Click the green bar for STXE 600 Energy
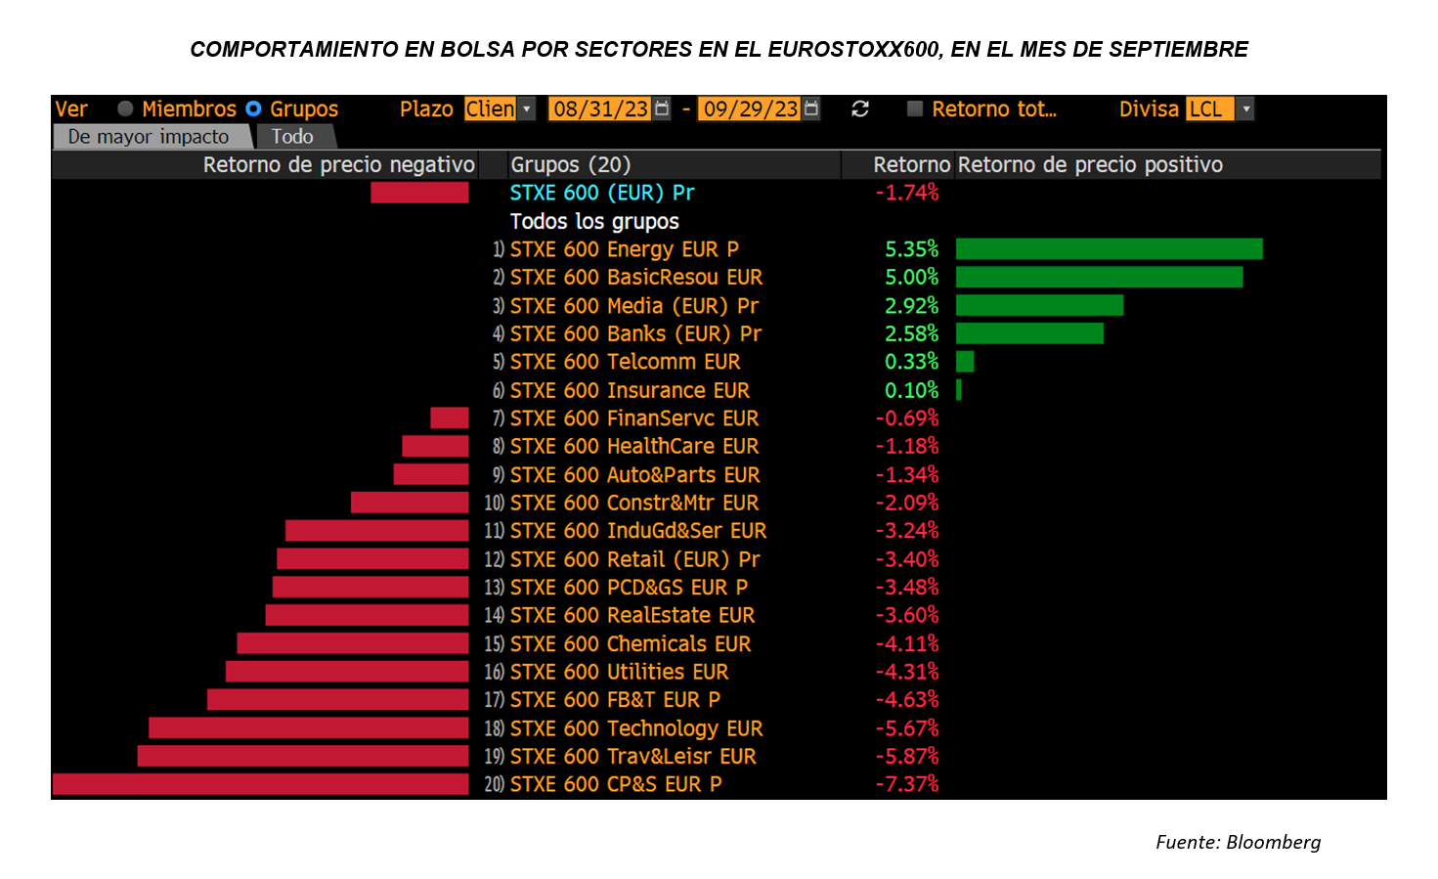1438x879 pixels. [1109, 249]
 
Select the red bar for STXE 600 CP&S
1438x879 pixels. [260, 784]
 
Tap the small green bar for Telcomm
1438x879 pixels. [965, 362]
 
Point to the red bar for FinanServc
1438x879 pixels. [450, 418]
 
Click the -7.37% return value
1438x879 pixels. [907, 784]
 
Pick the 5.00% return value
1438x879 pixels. [911, 278]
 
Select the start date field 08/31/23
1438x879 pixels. [600, 109]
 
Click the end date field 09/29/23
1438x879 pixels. [751, 109]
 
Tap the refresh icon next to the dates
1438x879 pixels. [860, 109]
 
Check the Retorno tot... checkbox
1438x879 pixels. [915, 109]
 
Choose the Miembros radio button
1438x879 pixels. [126, 109]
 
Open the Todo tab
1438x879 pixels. [292, 137]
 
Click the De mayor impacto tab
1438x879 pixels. [149, 137]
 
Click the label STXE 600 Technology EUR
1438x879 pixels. [635, 728]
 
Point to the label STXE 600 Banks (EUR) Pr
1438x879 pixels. [635, 334]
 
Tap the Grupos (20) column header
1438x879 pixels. [571, 165]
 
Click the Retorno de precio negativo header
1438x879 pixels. [338, 165]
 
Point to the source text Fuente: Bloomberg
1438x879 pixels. [1238, 842]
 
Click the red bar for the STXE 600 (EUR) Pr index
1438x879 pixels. [419, 193]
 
